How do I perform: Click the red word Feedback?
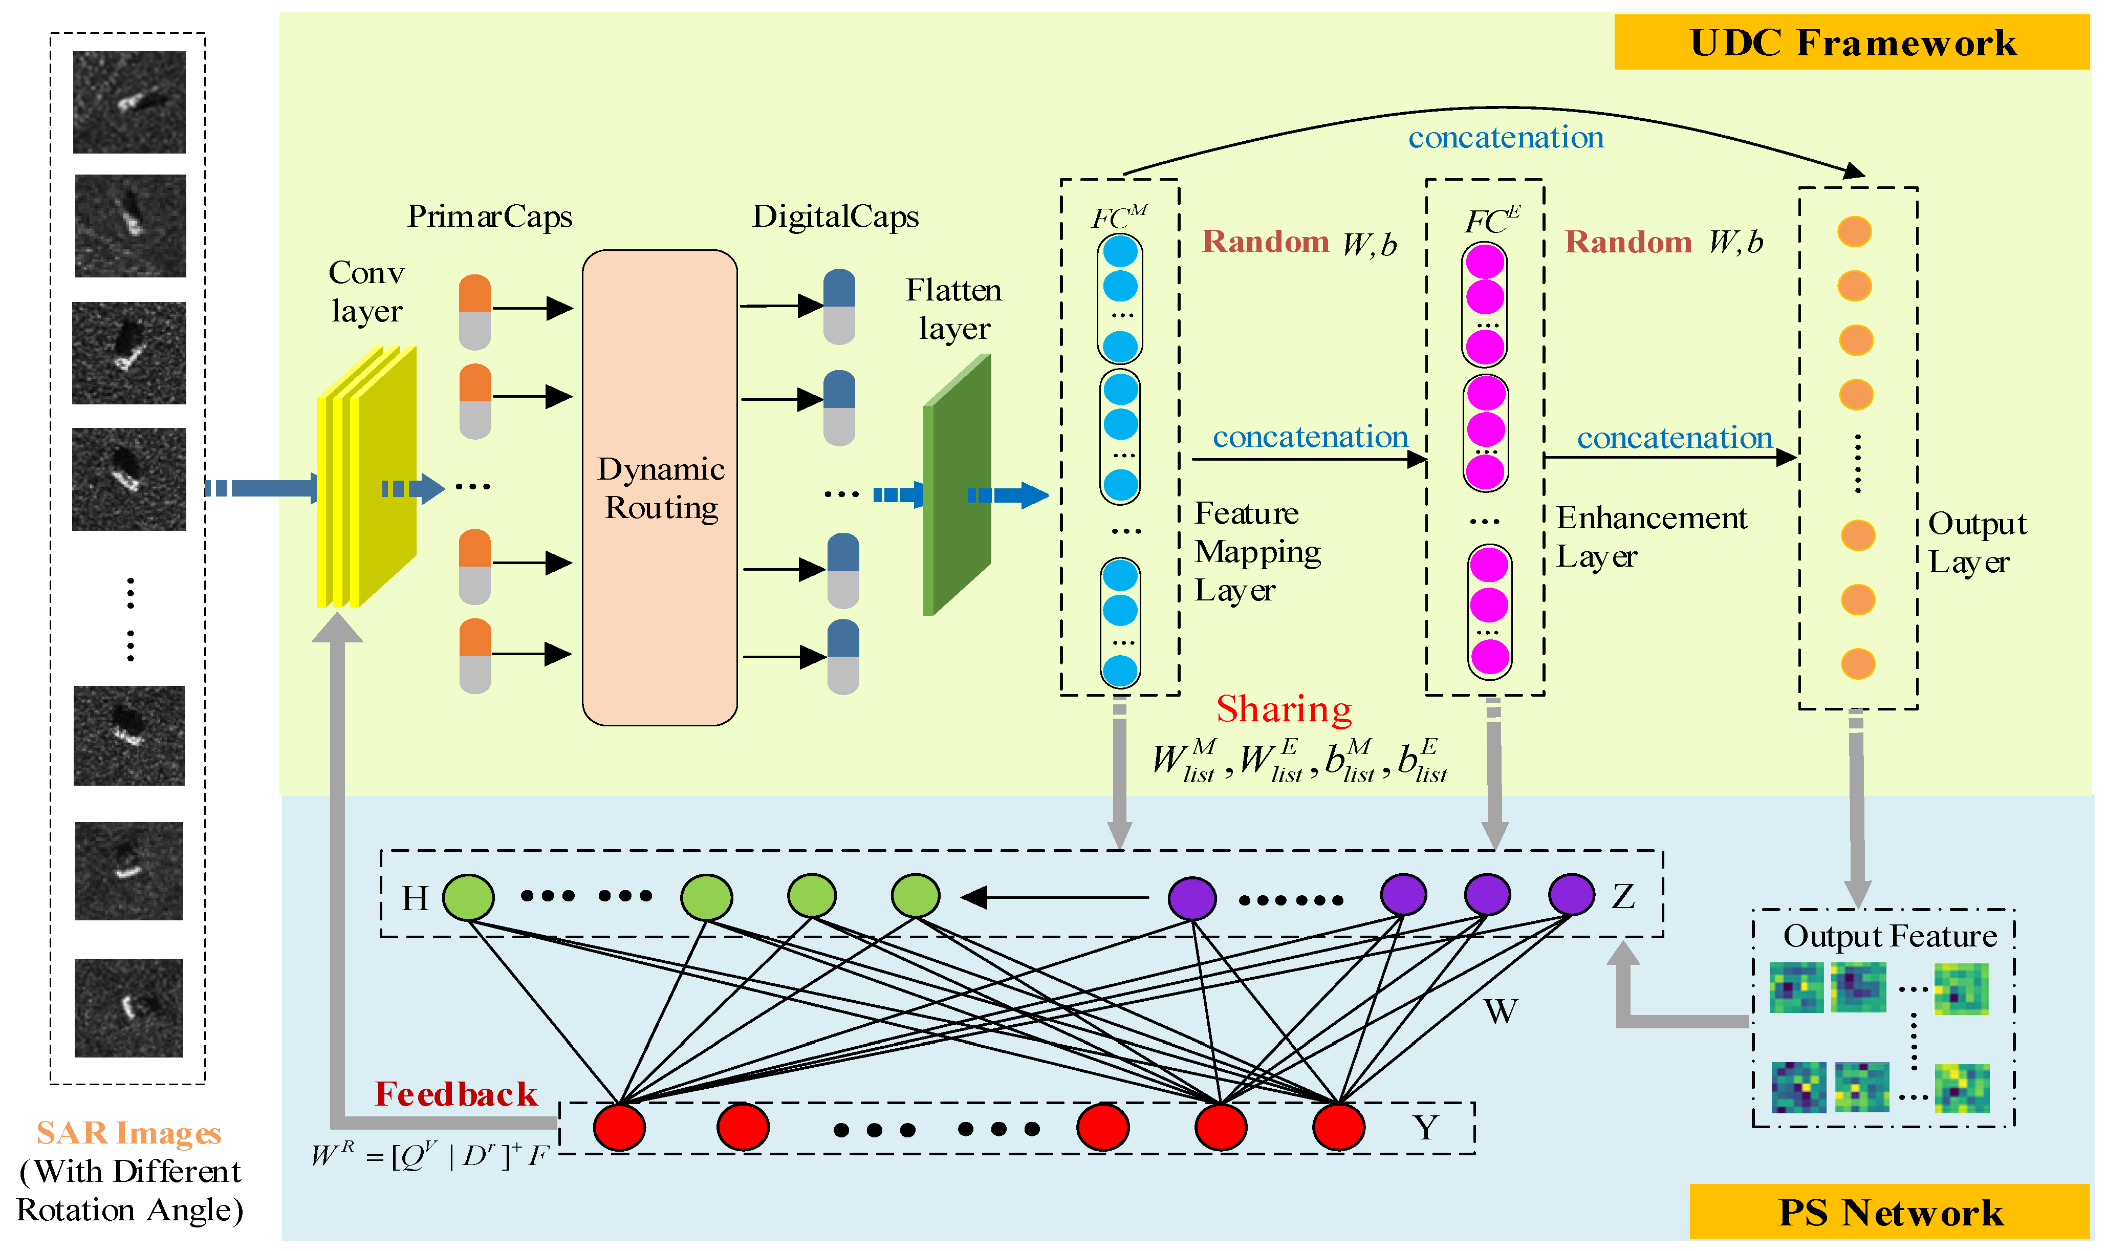455,1094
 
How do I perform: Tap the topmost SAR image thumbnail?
129,102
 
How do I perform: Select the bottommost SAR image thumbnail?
129,1008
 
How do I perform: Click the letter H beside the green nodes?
415,899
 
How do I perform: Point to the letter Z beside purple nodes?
1623,897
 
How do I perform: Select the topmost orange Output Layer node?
1854,232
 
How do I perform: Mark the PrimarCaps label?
490,217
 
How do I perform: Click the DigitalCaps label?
835,217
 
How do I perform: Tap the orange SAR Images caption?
129,1133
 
